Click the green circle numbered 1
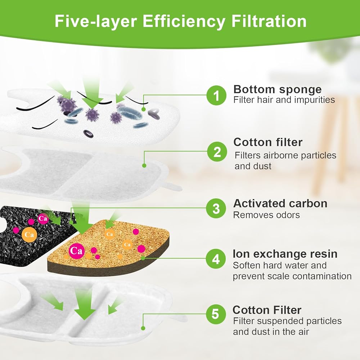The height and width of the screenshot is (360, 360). click(216, 95)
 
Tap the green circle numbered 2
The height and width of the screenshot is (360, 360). click(217, 152)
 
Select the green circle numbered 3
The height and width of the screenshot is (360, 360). click(216, 208)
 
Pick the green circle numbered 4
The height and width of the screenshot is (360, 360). click(216, 258)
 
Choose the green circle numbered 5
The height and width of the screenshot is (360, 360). click(216, 314)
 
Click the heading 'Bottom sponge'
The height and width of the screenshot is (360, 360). click(277, 90)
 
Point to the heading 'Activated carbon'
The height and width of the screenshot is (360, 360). click(280, 203)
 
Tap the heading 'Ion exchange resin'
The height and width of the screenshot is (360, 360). click(285, 254)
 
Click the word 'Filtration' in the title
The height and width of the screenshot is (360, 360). click(269, 21)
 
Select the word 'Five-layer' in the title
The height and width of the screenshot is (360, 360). click(96, 21)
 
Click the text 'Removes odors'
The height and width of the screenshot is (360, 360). click(266, 215)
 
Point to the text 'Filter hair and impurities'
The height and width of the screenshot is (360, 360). click(284, 100)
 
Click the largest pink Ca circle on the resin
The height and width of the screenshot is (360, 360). click(76, 251)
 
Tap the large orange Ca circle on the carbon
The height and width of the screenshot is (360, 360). click(30, 235)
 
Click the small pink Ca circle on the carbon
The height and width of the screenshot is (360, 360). click(43, 219)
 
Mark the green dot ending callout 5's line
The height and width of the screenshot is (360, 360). click(143, 328)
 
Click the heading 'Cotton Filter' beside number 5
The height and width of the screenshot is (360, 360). click(267, 310)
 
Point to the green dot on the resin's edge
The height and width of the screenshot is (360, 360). click(143, 258)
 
